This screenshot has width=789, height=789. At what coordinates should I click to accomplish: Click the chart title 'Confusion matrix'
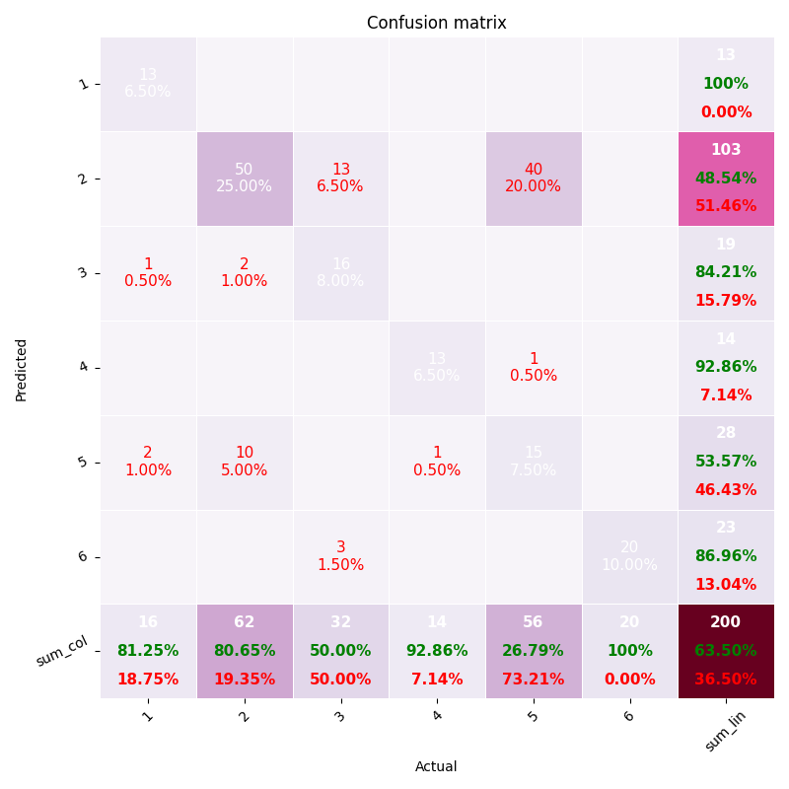[436, 23]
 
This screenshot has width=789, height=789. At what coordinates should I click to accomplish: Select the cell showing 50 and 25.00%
[244, 179]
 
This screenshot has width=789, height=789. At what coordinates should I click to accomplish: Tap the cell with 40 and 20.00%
[533, 179]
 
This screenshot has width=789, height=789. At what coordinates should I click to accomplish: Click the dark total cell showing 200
[725, 651]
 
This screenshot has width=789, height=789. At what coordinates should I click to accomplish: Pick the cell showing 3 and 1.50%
[340, 556]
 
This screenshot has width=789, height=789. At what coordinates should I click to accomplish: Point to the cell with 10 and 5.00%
[244, 462]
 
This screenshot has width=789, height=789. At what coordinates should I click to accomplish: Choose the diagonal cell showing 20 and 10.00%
[629, 556]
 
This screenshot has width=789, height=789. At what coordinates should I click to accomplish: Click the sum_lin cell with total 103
[725, 179]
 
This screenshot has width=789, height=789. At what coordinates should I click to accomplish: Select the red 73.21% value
[533, 680]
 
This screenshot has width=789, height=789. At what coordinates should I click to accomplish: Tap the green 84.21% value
[725, 272]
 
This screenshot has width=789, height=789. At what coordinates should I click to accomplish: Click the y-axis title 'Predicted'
[22, 369]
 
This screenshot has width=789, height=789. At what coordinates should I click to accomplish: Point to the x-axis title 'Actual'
[436, 766]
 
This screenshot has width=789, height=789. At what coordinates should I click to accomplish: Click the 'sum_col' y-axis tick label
[63, 651]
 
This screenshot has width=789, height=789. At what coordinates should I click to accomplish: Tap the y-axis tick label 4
[84, 367]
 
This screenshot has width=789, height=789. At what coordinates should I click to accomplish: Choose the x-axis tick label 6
[629, 716]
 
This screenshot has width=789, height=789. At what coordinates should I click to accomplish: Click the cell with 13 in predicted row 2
[340, 179]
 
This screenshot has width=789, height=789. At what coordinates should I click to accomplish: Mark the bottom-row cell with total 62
[244, 651]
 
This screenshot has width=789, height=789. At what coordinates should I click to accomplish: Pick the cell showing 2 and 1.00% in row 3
[244, 272]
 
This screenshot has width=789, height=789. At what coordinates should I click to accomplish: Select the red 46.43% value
[725, 490]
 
